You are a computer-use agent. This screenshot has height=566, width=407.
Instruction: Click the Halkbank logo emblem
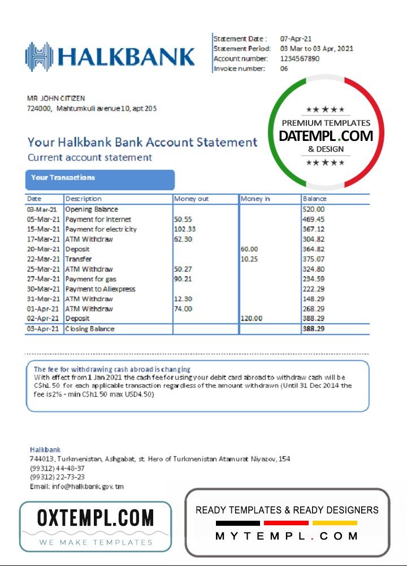point(39,57)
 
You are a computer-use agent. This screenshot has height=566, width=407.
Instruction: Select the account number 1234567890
point(300,59)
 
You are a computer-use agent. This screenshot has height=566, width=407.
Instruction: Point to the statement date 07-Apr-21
point(296,38)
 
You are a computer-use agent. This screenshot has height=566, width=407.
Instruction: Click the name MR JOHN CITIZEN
point(56,98)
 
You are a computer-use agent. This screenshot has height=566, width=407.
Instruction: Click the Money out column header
point(192,199)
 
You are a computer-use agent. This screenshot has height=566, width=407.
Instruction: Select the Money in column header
point(256,199)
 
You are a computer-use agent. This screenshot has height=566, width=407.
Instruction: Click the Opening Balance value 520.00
point(314,209)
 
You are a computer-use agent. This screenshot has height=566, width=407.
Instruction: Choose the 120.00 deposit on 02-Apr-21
point(252,319)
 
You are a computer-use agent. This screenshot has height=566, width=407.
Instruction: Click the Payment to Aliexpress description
point(100,289)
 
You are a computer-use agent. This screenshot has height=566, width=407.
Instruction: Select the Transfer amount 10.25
point(249,259)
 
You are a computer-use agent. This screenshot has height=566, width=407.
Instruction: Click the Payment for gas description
point(90,279)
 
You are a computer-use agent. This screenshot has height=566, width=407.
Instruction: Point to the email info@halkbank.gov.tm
point(77,487)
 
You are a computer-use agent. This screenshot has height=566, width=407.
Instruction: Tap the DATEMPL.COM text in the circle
point(326,136)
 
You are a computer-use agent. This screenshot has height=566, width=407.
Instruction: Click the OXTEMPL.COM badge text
point(95,518)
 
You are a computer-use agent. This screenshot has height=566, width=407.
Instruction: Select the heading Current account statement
point(90,157)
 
